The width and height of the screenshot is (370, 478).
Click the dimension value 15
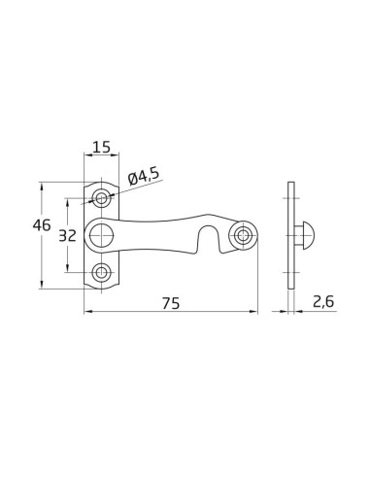100,148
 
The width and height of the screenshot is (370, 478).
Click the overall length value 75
172,303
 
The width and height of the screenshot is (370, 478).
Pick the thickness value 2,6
324,303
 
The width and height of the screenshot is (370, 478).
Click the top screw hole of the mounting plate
102,198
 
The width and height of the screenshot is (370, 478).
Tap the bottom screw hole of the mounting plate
102,272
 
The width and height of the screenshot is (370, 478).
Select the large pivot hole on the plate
102,234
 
